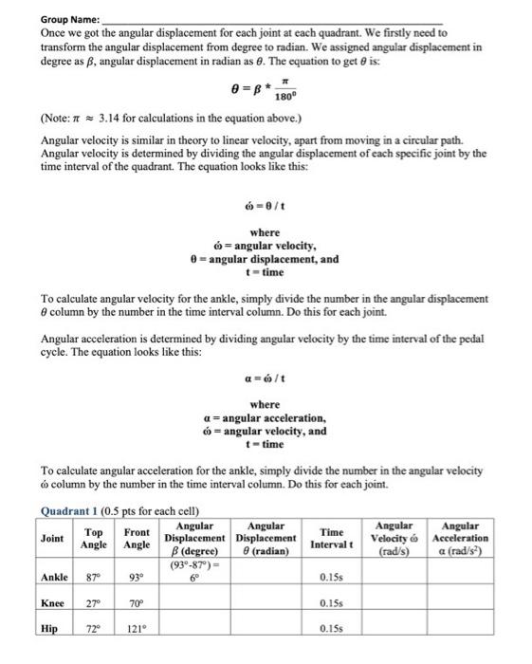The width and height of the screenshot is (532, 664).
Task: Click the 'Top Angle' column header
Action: point(94,537)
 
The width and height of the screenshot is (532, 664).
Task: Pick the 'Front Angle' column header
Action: point(137,537)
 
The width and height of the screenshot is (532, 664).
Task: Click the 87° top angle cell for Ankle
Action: point(93,577)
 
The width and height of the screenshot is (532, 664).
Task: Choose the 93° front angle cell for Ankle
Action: point(136,577)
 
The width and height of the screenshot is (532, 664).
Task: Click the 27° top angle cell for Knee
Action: point(93,603)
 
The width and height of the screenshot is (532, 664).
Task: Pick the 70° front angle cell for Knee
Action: point(136,603)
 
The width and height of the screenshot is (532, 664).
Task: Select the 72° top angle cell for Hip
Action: point(93,628)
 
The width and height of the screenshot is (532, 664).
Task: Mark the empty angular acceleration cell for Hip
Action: point(459,628)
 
